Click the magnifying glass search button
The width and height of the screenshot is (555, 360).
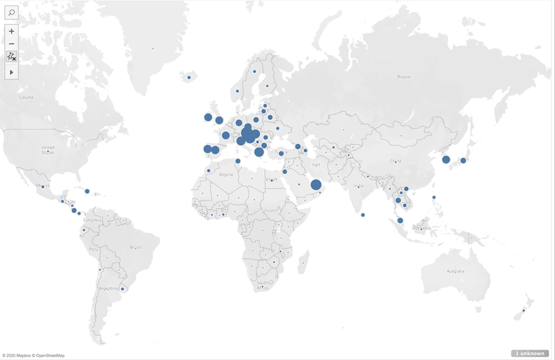tap(12, 13)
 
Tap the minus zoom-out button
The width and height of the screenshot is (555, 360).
tap(12, 44)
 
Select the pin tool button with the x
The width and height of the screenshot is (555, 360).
tap(12, 57)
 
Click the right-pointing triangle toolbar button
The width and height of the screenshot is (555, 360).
tap(12, 72)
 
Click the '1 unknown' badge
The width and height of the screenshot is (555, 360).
tap(530, 353)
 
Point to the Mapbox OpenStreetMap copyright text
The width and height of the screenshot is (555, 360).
tap(33, 355)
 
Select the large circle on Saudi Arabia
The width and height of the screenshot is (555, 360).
tap(315, 185)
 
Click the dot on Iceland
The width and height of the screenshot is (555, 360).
tap(189, 78)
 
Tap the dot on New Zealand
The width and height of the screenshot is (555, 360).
tap(523, 311)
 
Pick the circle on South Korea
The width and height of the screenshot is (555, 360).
tap(445, 160)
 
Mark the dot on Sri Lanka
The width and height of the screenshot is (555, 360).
tap(364, 215)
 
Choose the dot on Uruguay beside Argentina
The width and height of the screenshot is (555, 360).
tap(123, 289)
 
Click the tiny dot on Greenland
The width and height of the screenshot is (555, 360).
tap(153, 49)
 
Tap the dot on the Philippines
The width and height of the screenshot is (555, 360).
tap(434, 198)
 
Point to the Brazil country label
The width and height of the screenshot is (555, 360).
tap(135, 247)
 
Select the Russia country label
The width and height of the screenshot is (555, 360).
tap(404, 76)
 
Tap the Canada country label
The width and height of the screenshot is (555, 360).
tap(26, 97)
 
